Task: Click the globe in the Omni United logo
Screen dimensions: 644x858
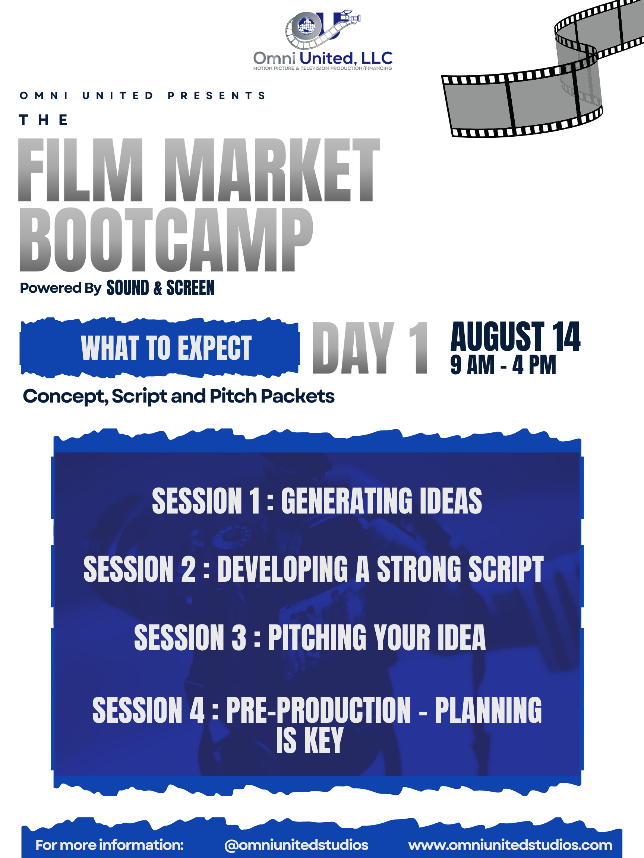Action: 307,26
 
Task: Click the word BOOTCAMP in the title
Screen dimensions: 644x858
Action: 166,239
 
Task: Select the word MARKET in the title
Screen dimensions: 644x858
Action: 272,170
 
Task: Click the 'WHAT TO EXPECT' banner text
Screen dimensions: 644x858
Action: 166,348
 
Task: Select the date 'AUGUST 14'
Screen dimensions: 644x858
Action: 515,336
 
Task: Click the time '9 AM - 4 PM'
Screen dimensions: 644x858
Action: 503,365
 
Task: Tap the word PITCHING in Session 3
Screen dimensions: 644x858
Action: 317,637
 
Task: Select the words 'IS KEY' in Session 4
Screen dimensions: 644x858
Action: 310,740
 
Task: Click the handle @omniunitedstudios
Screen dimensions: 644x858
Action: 296,845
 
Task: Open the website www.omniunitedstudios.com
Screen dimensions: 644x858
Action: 510,845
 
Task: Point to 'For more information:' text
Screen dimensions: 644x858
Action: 110,845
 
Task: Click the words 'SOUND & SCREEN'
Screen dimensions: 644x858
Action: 160,288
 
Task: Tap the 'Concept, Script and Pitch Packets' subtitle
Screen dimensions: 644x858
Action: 179,397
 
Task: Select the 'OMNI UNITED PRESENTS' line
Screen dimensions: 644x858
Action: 142,95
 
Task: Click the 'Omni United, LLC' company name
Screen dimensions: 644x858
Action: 323,58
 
